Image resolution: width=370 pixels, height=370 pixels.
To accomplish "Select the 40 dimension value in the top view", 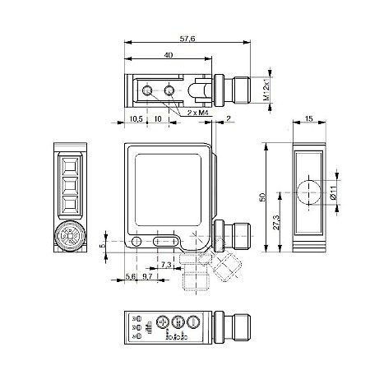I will (168, 55).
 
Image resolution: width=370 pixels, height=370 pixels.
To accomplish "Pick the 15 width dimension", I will (309, 120).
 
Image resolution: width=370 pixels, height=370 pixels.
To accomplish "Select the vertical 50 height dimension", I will (262, 197).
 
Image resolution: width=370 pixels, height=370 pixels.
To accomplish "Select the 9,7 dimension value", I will (147, 276).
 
